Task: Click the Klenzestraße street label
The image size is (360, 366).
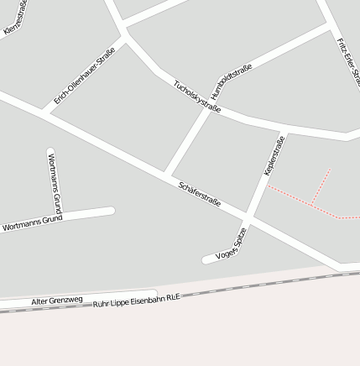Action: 16,18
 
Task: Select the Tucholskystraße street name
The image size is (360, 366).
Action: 197,97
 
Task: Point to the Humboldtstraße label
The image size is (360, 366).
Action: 232,84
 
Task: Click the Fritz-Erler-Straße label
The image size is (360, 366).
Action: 347,62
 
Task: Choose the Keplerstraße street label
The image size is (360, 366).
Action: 274,155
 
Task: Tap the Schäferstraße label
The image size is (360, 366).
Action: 200,194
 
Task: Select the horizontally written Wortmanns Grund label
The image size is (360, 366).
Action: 33,223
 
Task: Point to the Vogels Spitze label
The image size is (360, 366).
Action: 232,243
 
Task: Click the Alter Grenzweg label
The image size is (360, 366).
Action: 57,300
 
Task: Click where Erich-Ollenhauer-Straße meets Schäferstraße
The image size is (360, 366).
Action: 42,110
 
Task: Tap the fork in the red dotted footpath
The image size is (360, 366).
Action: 312,204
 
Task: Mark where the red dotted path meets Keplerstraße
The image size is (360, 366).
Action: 268,186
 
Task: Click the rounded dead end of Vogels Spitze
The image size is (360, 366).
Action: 206,259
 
